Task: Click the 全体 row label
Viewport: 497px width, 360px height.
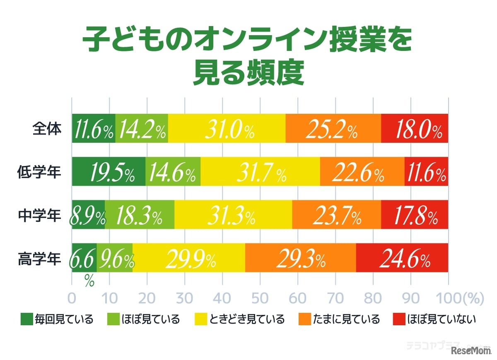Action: pos(46,128)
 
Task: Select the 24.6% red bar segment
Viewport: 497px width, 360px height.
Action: pos(402,258)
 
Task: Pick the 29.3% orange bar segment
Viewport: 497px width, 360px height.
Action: pos(301,258)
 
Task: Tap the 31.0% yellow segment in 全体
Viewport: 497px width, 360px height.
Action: pos(227,128)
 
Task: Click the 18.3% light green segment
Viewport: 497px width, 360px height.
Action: pos(140,215)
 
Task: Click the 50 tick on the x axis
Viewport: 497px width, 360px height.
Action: pos(260,298)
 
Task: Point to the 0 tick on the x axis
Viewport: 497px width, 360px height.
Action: pos(72,298)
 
